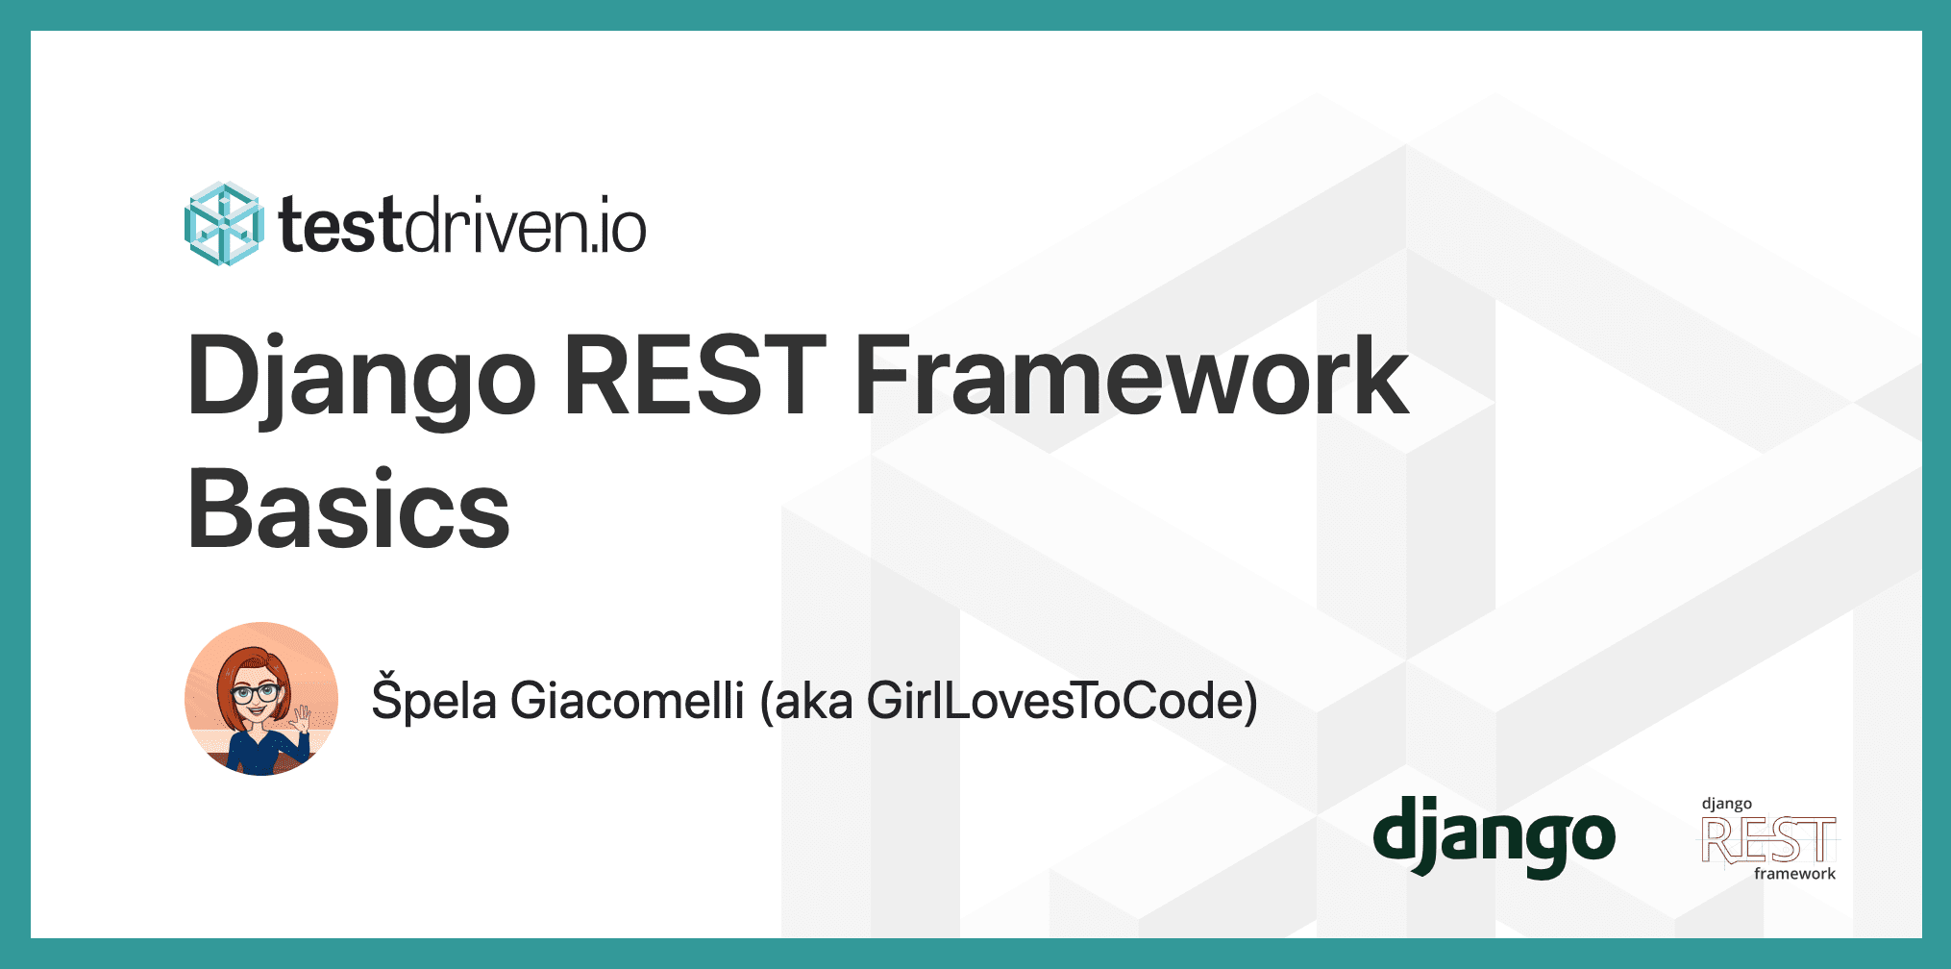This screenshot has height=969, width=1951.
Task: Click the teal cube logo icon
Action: pos(223,224)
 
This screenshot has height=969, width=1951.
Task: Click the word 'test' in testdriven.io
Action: pos(339,226)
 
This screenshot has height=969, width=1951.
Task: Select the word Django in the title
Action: pos(361,376)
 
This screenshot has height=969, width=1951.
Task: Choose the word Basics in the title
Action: pos(348,509)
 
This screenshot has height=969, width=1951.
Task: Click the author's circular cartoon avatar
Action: pos(261,699)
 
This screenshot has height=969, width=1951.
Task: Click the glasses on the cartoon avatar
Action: pos(255,691)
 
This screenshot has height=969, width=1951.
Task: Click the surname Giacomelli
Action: pos(628,700)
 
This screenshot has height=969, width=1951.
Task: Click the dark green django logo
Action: pos(1494,835)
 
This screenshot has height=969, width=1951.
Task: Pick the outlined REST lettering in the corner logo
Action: pos(1768,840)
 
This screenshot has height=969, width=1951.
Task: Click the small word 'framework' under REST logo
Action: pos(1794,874)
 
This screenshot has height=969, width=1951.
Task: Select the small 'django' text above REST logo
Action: pos(1727,804)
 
